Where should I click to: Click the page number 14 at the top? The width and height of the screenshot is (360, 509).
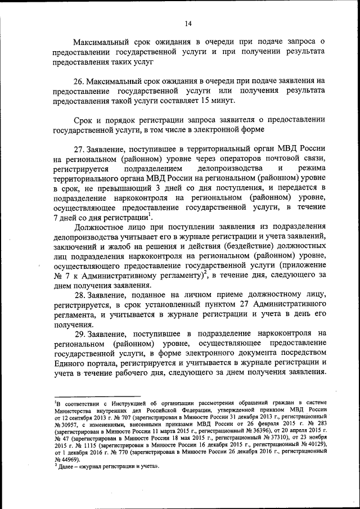(x=188, y=23)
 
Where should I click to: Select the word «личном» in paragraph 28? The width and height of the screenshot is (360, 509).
(x=206, y=294)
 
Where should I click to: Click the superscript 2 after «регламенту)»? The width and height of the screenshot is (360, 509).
(x=206, y=273)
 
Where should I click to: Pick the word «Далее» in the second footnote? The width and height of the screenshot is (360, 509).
(x=66, y=467)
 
